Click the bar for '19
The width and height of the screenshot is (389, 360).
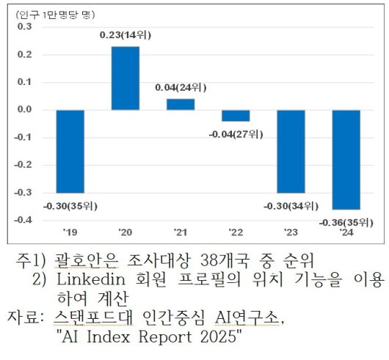70,150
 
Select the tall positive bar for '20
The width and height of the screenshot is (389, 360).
126,78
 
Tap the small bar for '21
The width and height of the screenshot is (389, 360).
181,104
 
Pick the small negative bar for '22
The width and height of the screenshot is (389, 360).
236,116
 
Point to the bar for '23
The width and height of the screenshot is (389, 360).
291,151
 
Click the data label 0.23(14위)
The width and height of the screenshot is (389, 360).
126,34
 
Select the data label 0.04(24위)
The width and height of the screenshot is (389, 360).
181,87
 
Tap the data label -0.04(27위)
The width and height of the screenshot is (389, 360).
236,134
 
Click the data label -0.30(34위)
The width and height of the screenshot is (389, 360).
291,205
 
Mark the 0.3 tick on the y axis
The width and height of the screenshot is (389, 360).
24,27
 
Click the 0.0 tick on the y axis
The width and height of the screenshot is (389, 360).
24,110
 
